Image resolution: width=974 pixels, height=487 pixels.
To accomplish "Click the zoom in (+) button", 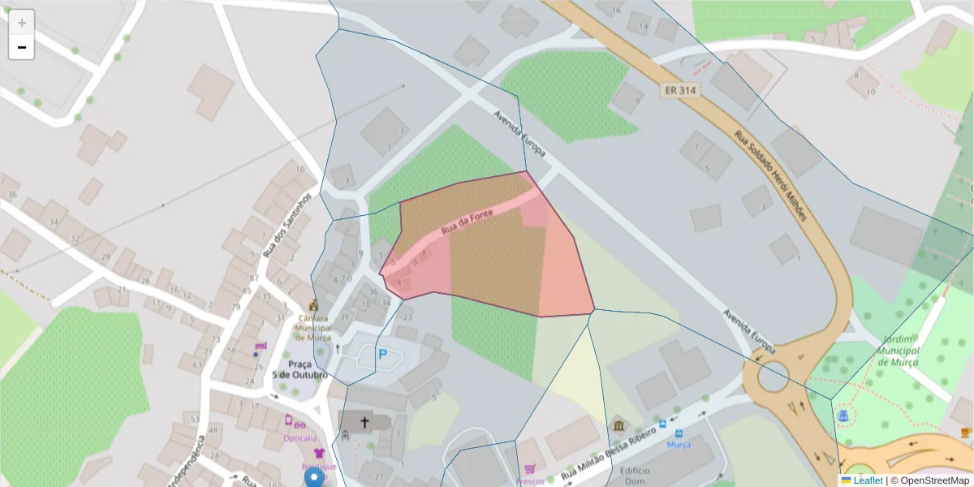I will (x=22, y=23).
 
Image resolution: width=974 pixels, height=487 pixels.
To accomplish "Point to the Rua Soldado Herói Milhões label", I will (x=771, y=176).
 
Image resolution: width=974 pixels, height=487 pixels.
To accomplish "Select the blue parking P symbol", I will (x=382, y=355).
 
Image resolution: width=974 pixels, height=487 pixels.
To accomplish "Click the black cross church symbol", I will (x=364, y=422).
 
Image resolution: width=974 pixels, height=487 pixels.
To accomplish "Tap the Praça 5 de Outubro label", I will (x=300, y=369).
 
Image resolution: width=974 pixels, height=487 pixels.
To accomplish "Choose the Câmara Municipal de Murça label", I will (x=312, y=327).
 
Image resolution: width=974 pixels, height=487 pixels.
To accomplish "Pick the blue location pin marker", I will (x=313, y=477).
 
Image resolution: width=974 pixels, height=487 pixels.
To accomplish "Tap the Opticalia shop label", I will (x=300, y=437).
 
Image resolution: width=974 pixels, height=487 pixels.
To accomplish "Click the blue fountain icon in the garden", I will (x=843, y=416).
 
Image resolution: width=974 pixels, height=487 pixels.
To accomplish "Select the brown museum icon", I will (x=619, y=425).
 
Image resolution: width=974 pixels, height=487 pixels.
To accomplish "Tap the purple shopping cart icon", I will (x=529, y=468).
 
